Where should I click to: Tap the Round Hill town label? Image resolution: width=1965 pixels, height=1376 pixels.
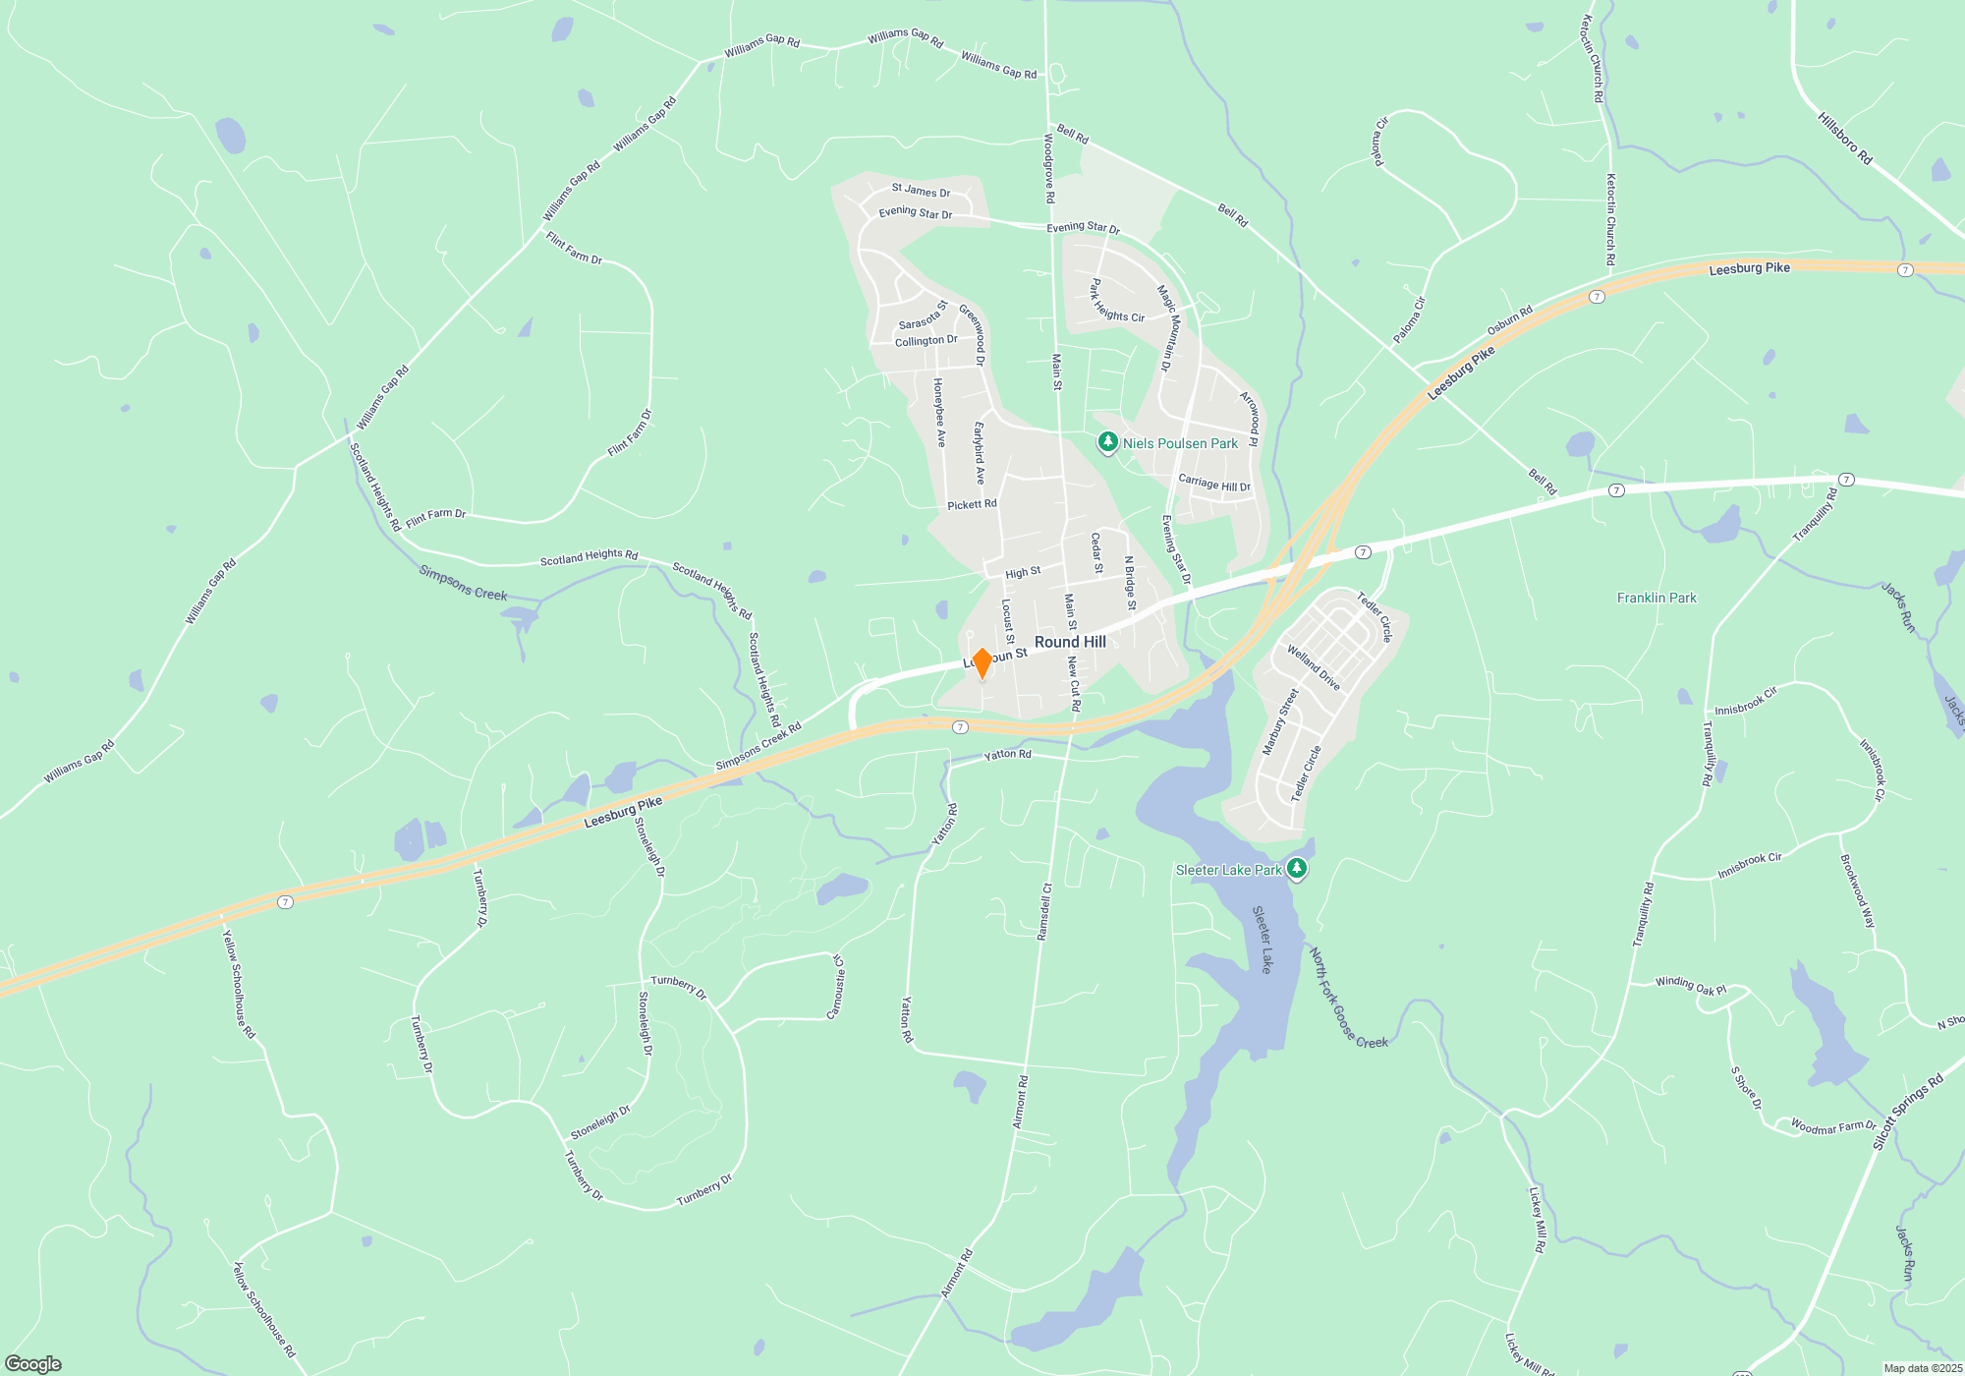click(x=1070, y=642)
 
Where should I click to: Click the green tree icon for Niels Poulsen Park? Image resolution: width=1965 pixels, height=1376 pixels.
click(x=1108, y=443)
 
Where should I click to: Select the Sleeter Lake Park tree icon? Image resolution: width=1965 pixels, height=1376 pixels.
click(x=1297, y=869)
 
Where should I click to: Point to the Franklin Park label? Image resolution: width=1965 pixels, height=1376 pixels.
click(x=1656, y=598)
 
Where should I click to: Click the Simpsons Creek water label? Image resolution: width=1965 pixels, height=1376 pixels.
click(x=463, y=582)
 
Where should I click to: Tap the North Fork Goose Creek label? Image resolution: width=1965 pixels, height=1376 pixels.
click(x=1348, y=998)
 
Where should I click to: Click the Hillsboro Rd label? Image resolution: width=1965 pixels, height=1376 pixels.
click(x=1844, y=139)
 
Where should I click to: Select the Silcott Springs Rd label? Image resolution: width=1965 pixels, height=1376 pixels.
click(x=1907, y=1112)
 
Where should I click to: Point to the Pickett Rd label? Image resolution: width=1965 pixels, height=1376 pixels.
click(x=972, y=504)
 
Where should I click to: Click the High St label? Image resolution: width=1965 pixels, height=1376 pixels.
click(x=1023, y=572)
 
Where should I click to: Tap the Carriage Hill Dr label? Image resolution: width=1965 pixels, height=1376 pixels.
click(x=1214, y=484)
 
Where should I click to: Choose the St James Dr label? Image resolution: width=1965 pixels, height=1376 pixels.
click(x=921, y=191)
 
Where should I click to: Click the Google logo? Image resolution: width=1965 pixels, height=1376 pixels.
click(x=33, y=1363)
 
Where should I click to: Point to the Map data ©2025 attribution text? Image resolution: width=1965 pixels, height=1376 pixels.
click(x=1923, y=1368)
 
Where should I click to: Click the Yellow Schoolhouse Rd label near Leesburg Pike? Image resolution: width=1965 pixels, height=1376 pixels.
click(x=238, y=984)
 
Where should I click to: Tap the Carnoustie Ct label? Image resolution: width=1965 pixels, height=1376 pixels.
click(x=837, y=987)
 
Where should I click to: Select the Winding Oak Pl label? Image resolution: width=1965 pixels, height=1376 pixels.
click(x=1690, y=986)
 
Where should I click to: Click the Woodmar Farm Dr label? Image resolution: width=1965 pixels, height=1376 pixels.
click(x=1832, y=1126)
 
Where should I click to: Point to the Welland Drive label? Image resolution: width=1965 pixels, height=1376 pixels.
click(x=1314, y=667)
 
